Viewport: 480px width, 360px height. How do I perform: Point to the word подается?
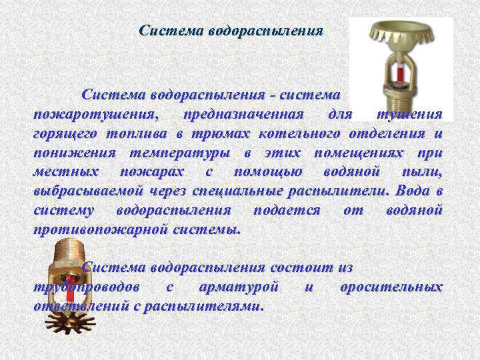[x=287, y=211]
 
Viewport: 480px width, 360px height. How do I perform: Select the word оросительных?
[x=391, y=287]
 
